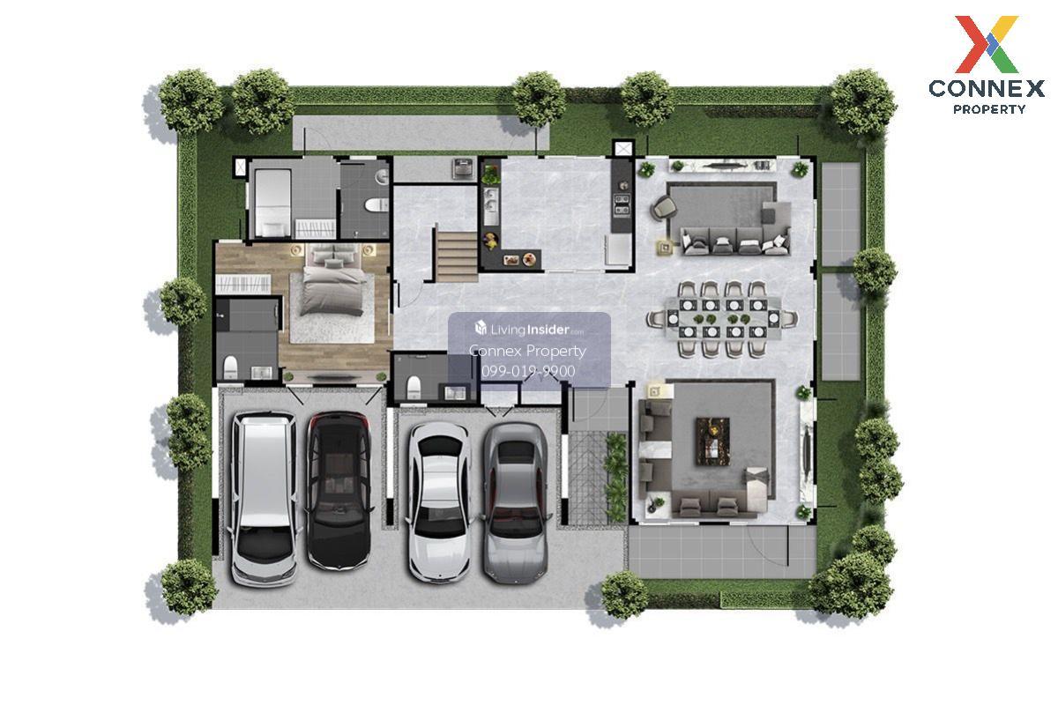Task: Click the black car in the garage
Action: click(x=339, y=490)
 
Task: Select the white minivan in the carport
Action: click(x=264, y=499)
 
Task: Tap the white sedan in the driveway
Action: click(x=439, y=501)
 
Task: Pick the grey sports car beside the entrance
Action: click(x=515, y=502)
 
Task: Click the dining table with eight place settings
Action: click(x=722, y=318)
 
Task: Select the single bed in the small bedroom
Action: click(x=272, y=203)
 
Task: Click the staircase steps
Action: click(x=457, y=256)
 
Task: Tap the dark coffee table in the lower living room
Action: click(x=712, y=441)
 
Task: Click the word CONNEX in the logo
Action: click(x=987, y=89)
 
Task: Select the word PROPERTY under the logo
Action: click(x=989, y=109)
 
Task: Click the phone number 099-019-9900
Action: click(x=528, y=371)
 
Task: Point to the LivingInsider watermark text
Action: click(x=529, y=329)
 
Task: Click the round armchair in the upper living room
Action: click(x=663, y=207)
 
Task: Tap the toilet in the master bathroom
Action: click(x=230, y=367)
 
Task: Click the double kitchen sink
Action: click(x=492, y=201)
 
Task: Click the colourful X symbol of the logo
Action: click(x=987, y=44)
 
